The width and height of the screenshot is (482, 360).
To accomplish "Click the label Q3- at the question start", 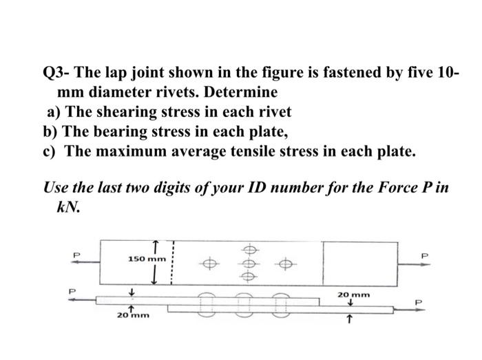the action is tap(57, 72).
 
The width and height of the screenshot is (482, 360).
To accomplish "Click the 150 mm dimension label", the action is tap(147, 260).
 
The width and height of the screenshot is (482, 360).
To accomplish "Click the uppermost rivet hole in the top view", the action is tap(250, 250).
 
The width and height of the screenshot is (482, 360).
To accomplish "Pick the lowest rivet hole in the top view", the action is tap(250, 274).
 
